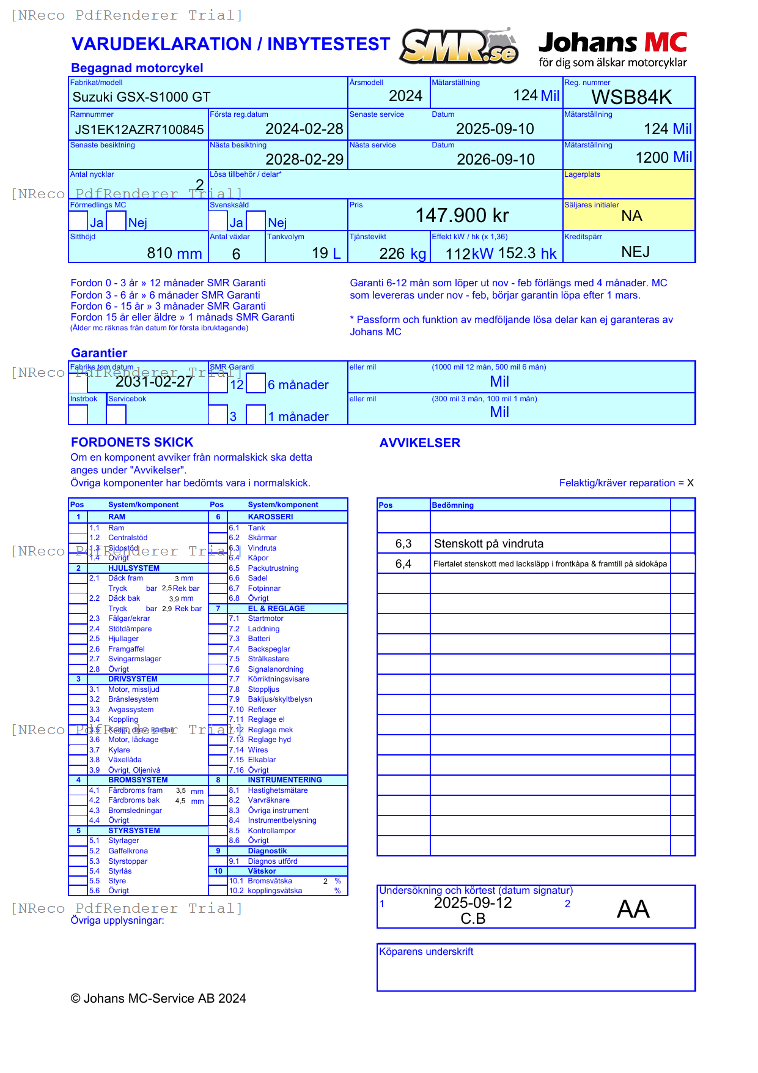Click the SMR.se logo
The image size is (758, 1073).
[460, 46]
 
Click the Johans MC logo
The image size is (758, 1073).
[613, 49]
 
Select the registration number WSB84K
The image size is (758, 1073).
[631, 97]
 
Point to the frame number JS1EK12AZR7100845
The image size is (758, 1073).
[139, 130]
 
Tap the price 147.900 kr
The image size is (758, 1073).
[462, 215]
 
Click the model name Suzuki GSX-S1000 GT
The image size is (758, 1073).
[141, 97]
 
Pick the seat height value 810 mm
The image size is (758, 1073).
[174, 253]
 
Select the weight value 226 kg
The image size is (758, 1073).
[402, 254]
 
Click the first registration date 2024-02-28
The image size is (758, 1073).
[304, 129]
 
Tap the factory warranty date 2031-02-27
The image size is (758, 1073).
[154, 382]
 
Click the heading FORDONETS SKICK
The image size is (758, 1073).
[132, 442]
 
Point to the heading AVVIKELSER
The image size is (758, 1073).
[419, 443]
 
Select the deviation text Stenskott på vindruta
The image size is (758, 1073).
[488, 544]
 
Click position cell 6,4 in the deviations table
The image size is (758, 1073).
[403, 564]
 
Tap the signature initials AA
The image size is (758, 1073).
[633, 910]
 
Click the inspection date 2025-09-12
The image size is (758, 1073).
[473, 903]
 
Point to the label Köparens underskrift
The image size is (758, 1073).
[426, 952]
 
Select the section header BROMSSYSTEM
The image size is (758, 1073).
[138, 780]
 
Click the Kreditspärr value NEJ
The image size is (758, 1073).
[635, 252]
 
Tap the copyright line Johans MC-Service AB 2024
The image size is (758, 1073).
[158, 998]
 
